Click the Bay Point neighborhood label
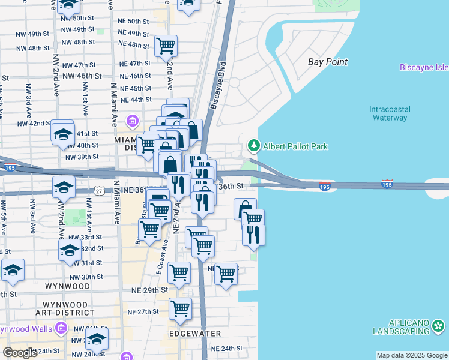tap(328, 62)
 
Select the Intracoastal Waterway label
tap(389, 113)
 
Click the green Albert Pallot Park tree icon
tap(253, 145)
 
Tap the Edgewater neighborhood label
tap(195, 333)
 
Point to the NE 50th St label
tap(134, 21)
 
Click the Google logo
tap(20, 352)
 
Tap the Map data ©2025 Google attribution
tap(412, 355)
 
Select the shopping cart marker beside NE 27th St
tap(180, 309)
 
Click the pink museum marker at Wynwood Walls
tap(60, 328)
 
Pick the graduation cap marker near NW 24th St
tap(97, 340)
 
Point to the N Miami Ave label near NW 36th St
tap(118, 204)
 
